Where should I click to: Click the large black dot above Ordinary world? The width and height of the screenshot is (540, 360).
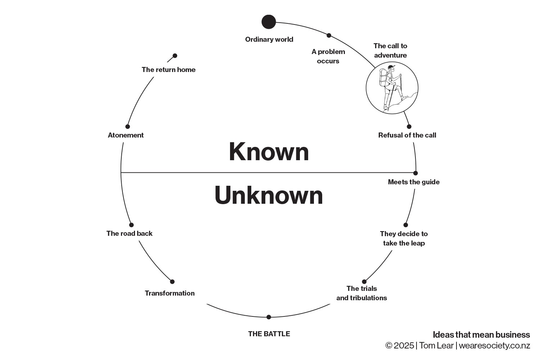(269, 22)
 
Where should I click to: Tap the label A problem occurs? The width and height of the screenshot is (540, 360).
(328, 56)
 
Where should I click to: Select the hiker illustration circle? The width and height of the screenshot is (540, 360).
(392, 88)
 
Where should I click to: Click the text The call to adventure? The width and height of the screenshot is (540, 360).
(390, 50)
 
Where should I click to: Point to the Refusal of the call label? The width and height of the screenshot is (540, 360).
(407, 135)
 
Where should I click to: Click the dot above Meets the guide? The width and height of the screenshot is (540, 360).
(415, 173)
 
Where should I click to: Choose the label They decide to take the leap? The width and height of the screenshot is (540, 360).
(404, 238)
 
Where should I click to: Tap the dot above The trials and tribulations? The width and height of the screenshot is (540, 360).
(364, 282)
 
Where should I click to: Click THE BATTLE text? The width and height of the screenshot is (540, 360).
(269, 334)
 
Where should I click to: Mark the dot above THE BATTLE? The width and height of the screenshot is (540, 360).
(269, 317)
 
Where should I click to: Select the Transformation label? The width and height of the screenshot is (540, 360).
(170, 293)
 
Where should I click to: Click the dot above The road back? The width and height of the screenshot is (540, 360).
(131, 225)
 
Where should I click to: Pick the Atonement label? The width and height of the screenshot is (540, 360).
(126, 135)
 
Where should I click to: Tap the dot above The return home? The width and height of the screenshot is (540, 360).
(175, 56)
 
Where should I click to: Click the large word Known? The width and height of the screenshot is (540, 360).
(269, 152)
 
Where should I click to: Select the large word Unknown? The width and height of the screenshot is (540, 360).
(269, 195)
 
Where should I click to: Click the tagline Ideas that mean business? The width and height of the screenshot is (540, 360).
(481, 335)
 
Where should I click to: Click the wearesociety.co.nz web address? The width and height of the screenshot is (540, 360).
(495, 346)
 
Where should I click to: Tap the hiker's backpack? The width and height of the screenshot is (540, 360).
(384, 78)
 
